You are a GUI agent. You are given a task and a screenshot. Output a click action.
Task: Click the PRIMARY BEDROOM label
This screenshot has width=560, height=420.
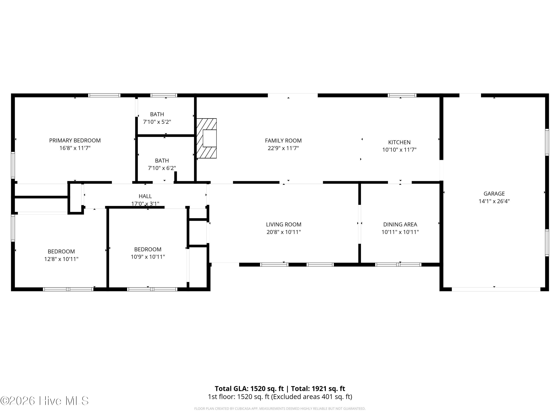point(75,141)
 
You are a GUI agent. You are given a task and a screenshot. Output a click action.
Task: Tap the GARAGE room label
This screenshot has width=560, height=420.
point(494,194)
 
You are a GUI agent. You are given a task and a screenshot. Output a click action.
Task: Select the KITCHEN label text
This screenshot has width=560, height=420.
point(399,142)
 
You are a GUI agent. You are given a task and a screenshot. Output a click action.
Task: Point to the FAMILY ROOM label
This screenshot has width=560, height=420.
point(283,141)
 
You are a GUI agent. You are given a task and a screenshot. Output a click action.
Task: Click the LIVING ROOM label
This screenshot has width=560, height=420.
point(284,224)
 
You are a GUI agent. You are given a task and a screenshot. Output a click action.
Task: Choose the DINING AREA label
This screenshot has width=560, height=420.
point(400,224)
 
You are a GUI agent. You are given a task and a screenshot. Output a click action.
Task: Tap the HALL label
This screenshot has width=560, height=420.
point(145,196)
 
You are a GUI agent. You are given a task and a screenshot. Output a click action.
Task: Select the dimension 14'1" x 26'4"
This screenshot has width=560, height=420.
point(494,201)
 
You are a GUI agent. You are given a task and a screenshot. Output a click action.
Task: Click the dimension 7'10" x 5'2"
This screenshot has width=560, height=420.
point(157,122)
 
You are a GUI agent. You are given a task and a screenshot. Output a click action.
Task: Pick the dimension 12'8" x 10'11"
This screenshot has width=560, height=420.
point(61,259)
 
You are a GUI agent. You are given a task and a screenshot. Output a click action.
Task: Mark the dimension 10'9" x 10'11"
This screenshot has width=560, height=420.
point(148,257)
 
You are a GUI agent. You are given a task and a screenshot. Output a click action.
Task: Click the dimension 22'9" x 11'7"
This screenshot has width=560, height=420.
point(283,148)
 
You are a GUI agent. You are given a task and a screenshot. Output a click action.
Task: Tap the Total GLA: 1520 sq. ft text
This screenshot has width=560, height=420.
point(249,389)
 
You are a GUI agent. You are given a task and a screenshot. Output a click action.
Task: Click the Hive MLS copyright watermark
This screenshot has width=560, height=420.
point(45,401)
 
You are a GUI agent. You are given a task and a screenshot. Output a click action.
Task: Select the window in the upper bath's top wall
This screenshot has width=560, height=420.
point(164,95)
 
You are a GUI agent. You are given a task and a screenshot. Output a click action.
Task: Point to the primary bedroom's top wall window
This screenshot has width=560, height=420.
point(104,95)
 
